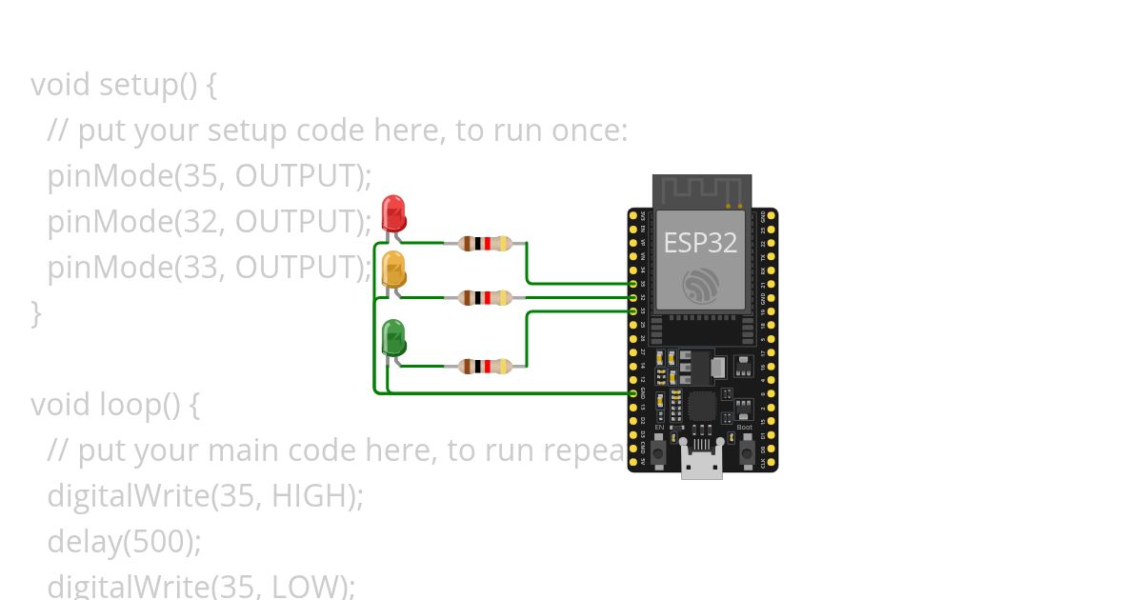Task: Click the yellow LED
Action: click(x=393, y=270)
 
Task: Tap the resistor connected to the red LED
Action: click(x=485, y=243)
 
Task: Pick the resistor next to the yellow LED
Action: click(x=485, y=297)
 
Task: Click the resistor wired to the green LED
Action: click(x=485, y=366)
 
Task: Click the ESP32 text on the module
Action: click(x=700, y=243)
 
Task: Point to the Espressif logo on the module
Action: click(x=701, y=286)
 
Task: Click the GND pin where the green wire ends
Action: click(x=633, y=392)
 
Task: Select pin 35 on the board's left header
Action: click(x=633, y=284)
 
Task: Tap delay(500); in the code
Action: click(x=124, y=542)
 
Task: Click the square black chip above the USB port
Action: click(x=702, y=406)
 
